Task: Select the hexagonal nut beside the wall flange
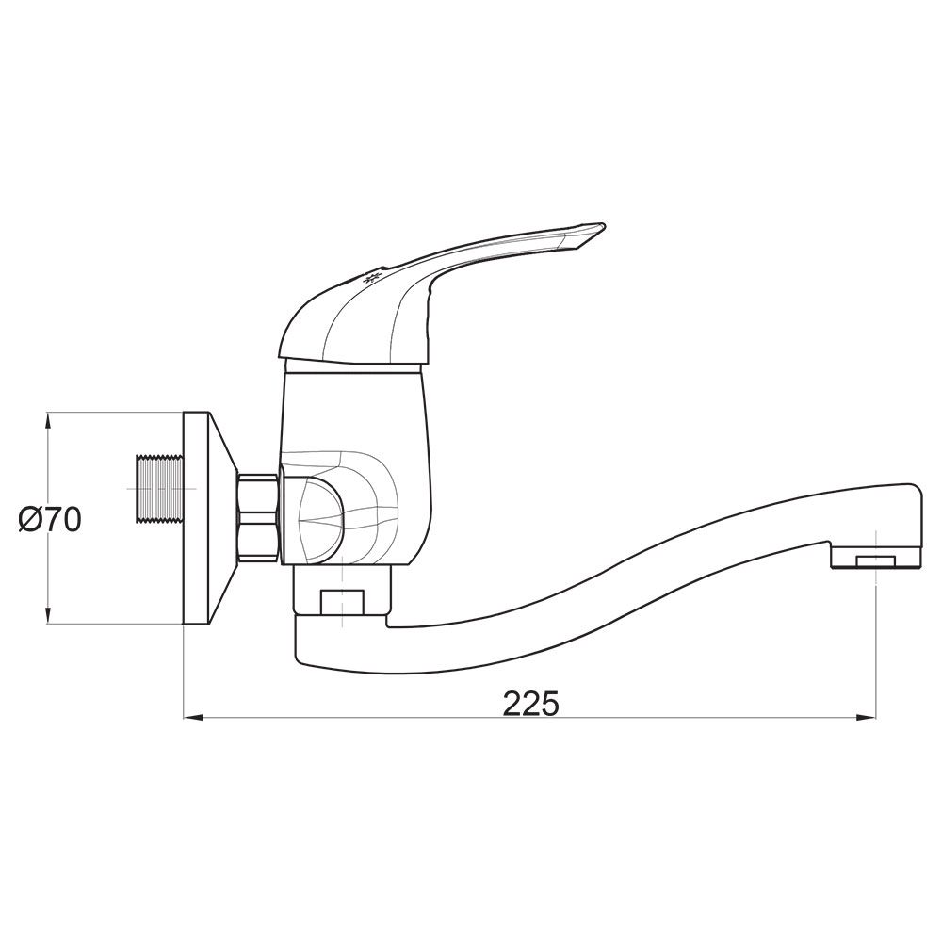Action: pos(259,518)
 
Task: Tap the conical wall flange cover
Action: pos(210,518)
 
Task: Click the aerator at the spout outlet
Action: pos(876,561)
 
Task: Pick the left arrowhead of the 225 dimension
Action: pos(193,717)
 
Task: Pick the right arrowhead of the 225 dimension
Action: pos(866,717)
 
